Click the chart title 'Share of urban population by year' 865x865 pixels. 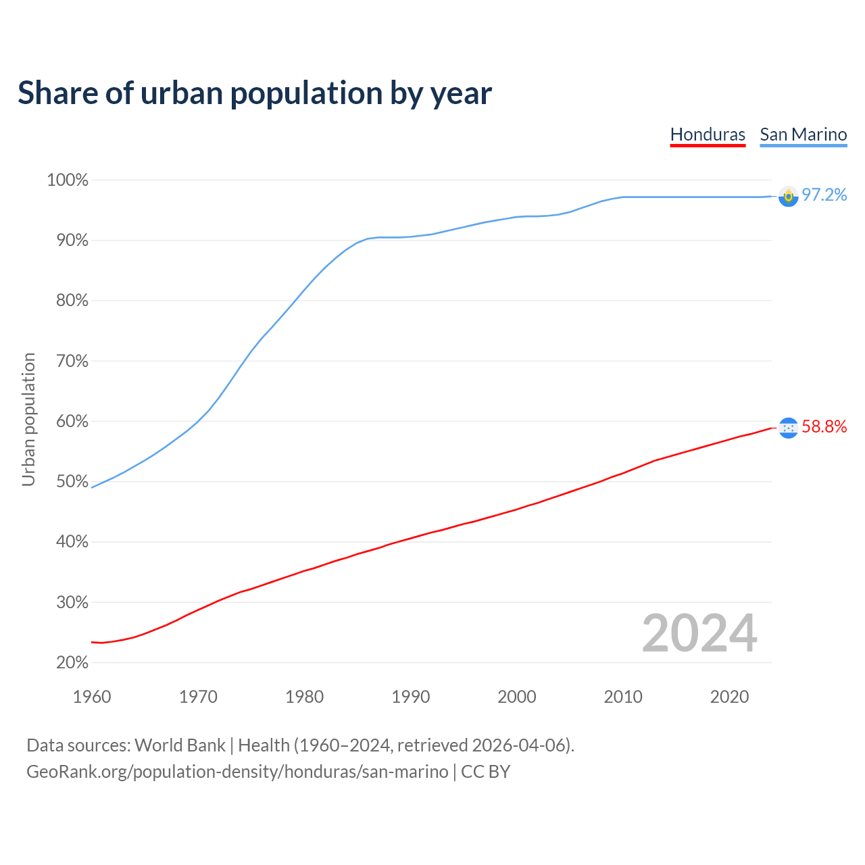(254, 93)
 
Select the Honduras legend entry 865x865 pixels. (708, 134)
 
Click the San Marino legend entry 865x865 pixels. (803, 134)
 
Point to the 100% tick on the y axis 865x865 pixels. (68, 180)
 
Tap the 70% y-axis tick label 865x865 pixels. (71, 361)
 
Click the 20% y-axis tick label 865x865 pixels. (71, 662)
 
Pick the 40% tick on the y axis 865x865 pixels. (71, 542)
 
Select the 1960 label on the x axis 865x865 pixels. (92, 697)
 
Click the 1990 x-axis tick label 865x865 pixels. (410, 697)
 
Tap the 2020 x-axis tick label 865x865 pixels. (729, 697)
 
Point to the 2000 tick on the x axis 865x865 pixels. (516, 697)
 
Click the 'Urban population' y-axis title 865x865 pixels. (29, 420)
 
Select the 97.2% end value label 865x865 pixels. (824, 195)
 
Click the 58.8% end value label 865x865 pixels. (824, 426)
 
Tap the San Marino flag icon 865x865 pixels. (788, 196)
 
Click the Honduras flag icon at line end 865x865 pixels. (788, 428)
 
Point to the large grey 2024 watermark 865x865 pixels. (699, 634)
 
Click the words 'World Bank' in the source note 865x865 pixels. (180, 745)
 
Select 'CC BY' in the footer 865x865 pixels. (485, 772)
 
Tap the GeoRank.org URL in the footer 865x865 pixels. (237, 772)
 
